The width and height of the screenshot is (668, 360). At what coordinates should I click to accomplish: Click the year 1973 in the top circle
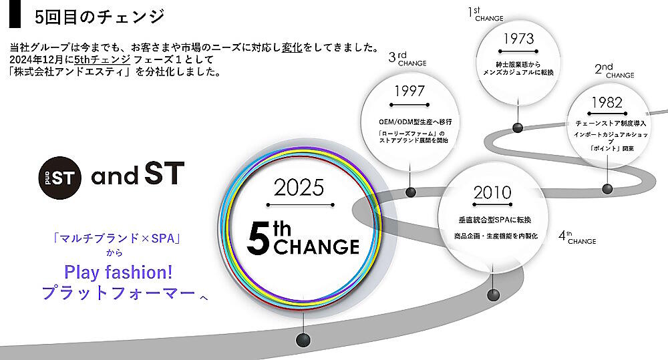[x=518, y=39]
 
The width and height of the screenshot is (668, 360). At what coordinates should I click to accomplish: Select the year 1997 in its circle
[x=409, y=91]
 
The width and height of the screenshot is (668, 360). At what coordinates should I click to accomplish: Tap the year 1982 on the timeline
[x=607, y=102]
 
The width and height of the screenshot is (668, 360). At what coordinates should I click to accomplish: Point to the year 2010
[x=492, y=192]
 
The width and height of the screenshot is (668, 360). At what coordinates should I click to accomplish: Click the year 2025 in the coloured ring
[x=299, y=188]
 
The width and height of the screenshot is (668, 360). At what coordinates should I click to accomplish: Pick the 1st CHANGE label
[x=486, y=13]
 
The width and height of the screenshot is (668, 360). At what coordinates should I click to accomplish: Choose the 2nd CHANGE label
[x=615, y=70]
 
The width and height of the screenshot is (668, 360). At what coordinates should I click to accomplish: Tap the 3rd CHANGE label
[x=407, y=58]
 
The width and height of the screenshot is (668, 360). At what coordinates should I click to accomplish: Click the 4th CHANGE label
[x=577, y=237]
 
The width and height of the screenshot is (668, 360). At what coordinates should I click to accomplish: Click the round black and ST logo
[x=59, y=178]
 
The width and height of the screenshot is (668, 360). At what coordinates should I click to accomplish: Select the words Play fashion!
[x=118, y=273]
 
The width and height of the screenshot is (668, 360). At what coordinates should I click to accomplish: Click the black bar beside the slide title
[x=15, y=14]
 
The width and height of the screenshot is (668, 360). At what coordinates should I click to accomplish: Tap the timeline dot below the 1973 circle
[x=518, y=128]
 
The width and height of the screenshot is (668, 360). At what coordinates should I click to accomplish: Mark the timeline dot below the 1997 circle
[x=411, y=192]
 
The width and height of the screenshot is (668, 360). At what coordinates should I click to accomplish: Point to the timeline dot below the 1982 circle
[x=607, y=188]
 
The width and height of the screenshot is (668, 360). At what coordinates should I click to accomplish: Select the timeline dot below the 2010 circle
[x=494, y=295]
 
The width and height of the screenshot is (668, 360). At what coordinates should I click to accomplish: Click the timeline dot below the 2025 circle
[x=303, y=339]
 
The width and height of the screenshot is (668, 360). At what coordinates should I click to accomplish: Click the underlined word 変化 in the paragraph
[x=292, y=47]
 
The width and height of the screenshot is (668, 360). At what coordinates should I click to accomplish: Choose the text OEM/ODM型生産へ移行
[x=415, y=122]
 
